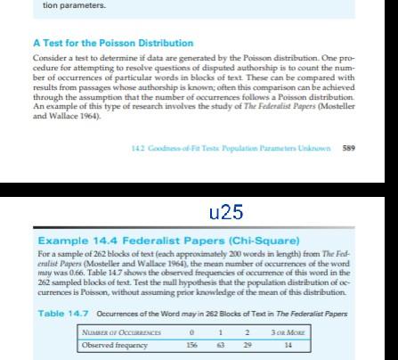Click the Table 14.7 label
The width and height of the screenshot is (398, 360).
click(x=63, y=312)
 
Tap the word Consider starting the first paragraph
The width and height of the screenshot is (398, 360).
click(x=46, y=56)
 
